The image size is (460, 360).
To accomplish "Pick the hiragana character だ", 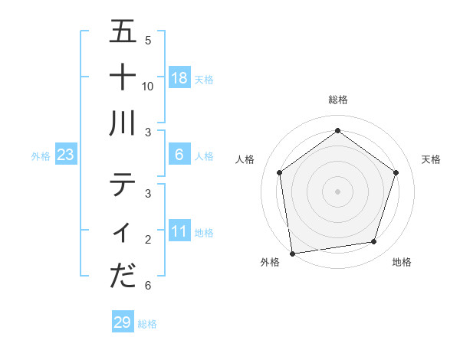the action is (123, 276).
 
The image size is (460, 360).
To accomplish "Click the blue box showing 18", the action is (179, 78).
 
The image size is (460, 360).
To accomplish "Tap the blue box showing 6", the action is (179, 155).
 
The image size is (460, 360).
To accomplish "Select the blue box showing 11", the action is (179, 231).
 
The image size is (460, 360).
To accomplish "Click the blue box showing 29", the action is (122, 322).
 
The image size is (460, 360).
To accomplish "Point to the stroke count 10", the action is (148, 86).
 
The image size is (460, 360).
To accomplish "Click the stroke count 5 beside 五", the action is (148, 40).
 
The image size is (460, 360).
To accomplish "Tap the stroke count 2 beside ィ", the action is (148, 240).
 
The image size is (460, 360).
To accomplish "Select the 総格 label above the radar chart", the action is (337, 100).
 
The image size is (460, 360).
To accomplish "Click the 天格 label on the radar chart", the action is (431, 159).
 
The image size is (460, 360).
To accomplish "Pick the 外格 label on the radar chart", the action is (270, 263).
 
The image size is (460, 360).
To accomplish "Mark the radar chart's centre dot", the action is (337, 191).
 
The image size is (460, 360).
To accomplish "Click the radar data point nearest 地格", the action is (374, 242).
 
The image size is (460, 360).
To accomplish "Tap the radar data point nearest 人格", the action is (279, 172).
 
